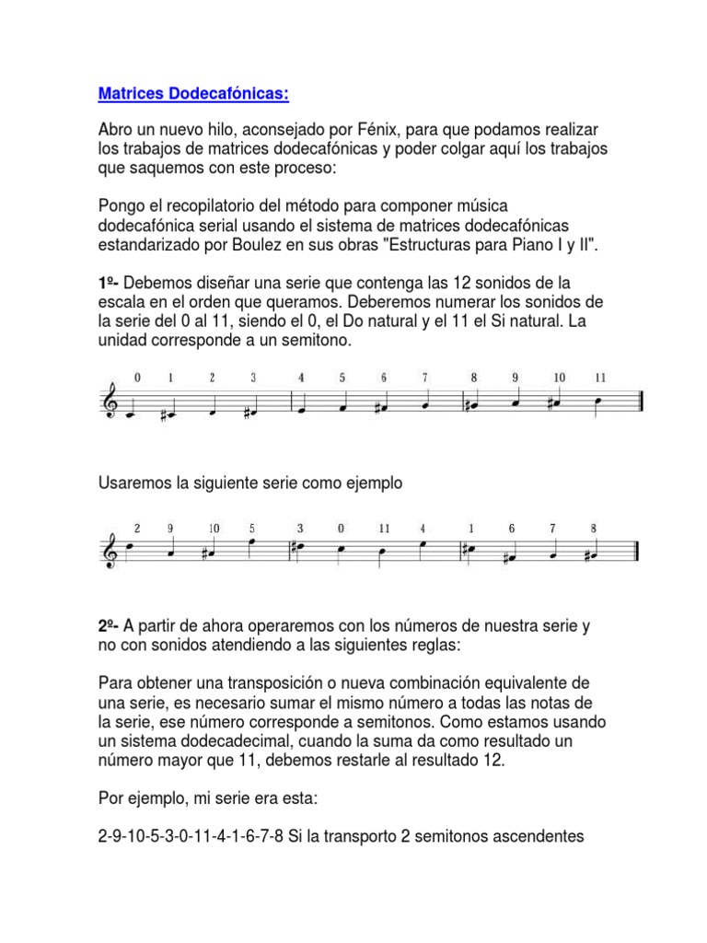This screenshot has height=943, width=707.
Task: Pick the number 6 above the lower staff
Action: coord(512,529)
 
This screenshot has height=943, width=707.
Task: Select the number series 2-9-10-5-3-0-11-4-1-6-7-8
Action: coord(191,837)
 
